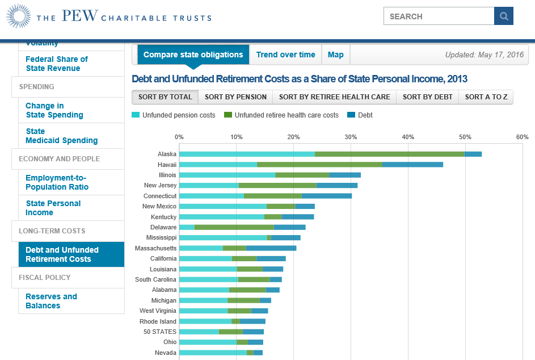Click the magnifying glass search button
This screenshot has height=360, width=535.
tap(503, 16)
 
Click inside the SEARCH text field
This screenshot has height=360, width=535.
tap(438, 16)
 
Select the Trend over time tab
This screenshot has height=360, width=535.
tap(285, 55)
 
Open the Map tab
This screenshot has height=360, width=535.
tap(335, 55)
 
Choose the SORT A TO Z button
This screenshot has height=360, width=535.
tap(486, 97)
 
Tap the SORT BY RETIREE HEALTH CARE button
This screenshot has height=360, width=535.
tap(334, 97)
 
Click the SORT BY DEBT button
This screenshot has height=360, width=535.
tap(427, 97)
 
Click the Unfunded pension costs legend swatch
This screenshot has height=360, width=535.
tap(136, 115)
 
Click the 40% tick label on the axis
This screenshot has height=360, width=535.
tap(407, 137)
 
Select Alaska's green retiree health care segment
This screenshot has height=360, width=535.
tap(389, 154)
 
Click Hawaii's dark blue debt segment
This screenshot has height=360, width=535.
tap(412, 165)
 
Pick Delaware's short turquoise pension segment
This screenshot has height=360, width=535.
tap(187, 227)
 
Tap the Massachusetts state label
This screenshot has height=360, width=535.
tap(155, 248)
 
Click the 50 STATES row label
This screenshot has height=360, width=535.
tap(159, 332)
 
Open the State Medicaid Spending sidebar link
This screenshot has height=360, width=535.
tap(61, 136)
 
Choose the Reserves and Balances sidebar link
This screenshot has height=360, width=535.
tap(51, 301)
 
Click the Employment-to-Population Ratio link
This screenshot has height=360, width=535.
tap(57, 182)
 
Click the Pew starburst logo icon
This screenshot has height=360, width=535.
tap(19, 16)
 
